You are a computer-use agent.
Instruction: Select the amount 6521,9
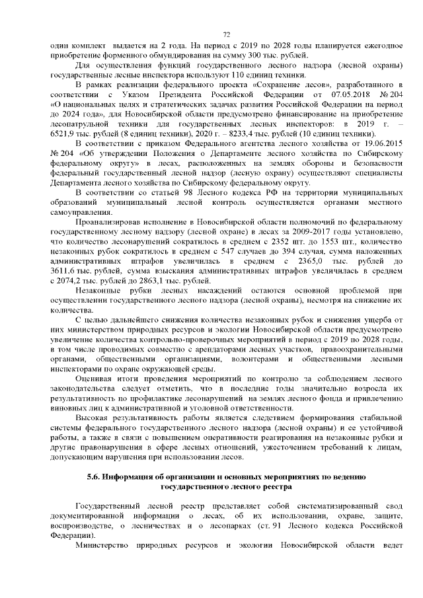(x=63, y=132)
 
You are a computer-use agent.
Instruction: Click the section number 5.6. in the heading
(x=97, y=476)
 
